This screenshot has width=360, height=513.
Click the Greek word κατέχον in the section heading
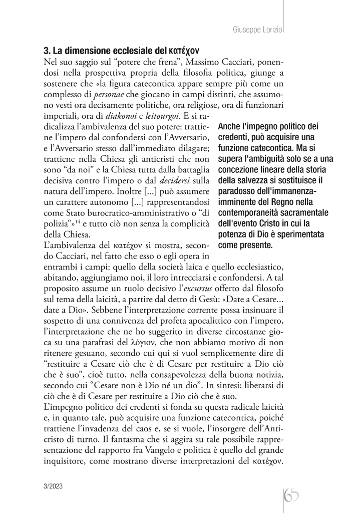click(185, 51)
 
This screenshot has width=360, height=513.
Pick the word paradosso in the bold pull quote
click(237, 192)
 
